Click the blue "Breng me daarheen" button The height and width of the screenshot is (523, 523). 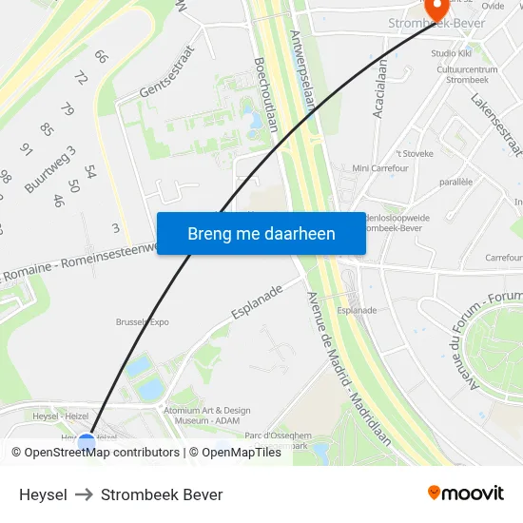[x=261, y=233]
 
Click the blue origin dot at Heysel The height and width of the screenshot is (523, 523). [x=87, y=443]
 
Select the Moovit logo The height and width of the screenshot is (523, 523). [x=465, y=494]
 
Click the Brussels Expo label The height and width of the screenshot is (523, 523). [x=143, y=321]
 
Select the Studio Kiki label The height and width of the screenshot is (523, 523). [x=451, y=53]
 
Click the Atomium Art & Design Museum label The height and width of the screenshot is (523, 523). [x=208, y=416]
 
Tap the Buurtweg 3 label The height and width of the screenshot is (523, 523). [x=49, y=170]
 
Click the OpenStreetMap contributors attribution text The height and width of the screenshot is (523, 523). [x=102, y=453]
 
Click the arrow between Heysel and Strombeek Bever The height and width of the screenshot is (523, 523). [x=84, y=494]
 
